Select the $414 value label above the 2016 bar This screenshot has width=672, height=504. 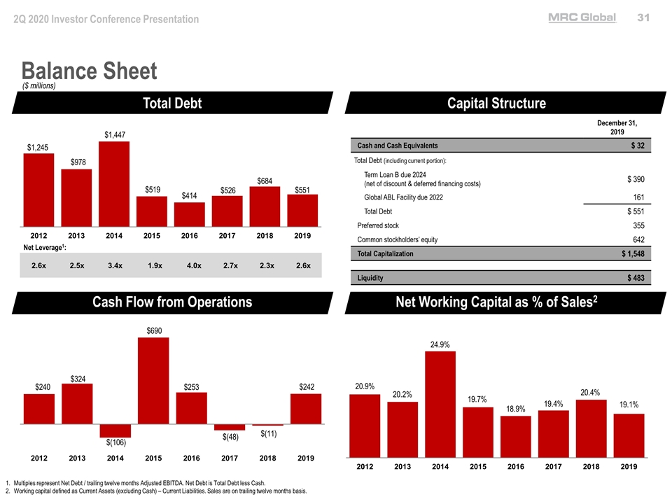189,195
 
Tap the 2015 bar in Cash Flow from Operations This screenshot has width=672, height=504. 153,381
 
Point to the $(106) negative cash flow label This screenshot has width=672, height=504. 115,442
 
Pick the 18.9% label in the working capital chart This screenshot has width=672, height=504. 516,409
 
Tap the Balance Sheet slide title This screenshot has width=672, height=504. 89,71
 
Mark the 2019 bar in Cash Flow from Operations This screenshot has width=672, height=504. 306,409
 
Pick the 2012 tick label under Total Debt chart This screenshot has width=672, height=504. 39,236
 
